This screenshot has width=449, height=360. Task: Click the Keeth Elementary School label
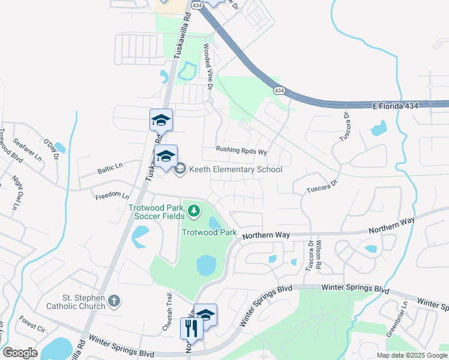click(235, 169)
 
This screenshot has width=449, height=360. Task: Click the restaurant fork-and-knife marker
click(191, 328)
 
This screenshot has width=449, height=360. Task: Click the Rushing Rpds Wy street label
click(241, 151)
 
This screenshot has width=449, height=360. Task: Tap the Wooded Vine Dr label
click(208, 67)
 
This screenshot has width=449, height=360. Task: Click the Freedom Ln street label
click(112, 196)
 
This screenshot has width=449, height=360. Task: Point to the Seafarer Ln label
click(29, 148)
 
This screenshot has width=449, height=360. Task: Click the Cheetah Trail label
click(169, 307)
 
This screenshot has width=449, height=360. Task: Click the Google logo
click(20, 353)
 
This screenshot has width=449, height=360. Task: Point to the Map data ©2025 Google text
click(412, 355)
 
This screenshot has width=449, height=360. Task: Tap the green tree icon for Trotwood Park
click(193, 210)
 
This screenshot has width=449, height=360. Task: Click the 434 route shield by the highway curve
click(279, 90)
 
